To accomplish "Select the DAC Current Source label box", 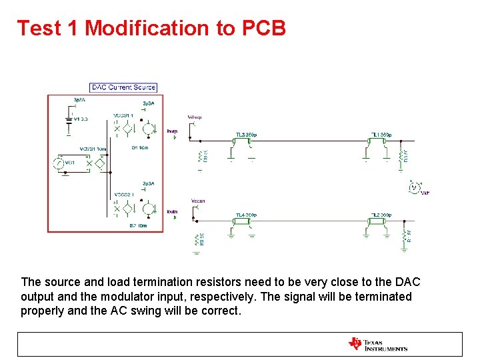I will pyautogui.click(x=123, y=87).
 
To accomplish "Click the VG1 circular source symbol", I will pyautogui.click(x=58, y=163).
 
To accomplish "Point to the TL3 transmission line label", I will pyautogui.click(x=246, y=135).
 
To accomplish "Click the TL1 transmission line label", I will pyautogui.click(x=381, y=135).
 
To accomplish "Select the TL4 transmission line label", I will pyautogui.click(x=246, y=215).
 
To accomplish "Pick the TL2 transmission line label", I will pyautogui.click(x=381, y=215).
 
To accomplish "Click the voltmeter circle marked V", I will pyautogui.click(x=413, y=188).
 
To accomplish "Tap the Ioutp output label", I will pyautogui.click(x=172, y=131).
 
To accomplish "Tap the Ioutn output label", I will pyautogui.click(x=172, y=212).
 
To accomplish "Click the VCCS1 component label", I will pyautogui.click(x=123, y=115).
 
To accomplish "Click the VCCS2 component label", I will pyautogui.click(x=123, y=195).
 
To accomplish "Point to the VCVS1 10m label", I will pyautogui.click(x=93, y=149).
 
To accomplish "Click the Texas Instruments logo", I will pyautogui.click(x=377, y=344).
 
